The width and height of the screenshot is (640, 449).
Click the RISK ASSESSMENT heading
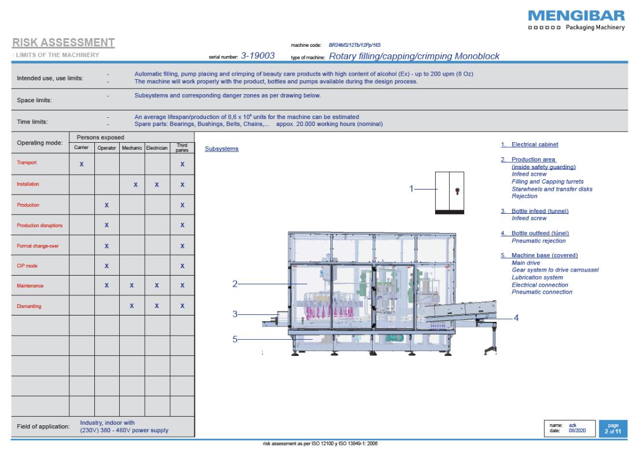click(x=63, y=43)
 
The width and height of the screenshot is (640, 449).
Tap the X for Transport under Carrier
click(x=82, y=165)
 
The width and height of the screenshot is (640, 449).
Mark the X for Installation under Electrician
click(x=157, y=185)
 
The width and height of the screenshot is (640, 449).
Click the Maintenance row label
click(x=30, y=286)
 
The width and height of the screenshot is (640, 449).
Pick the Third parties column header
click(x=182, y=149)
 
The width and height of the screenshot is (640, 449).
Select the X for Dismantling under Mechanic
click(x=133, y=306)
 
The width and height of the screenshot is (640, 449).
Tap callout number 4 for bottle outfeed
click(x=516, y=318)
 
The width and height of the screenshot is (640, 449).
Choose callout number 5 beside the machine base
click(x=236, y=339)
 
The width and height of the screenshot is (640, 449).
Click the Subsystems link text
click(x=222, y=149)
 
